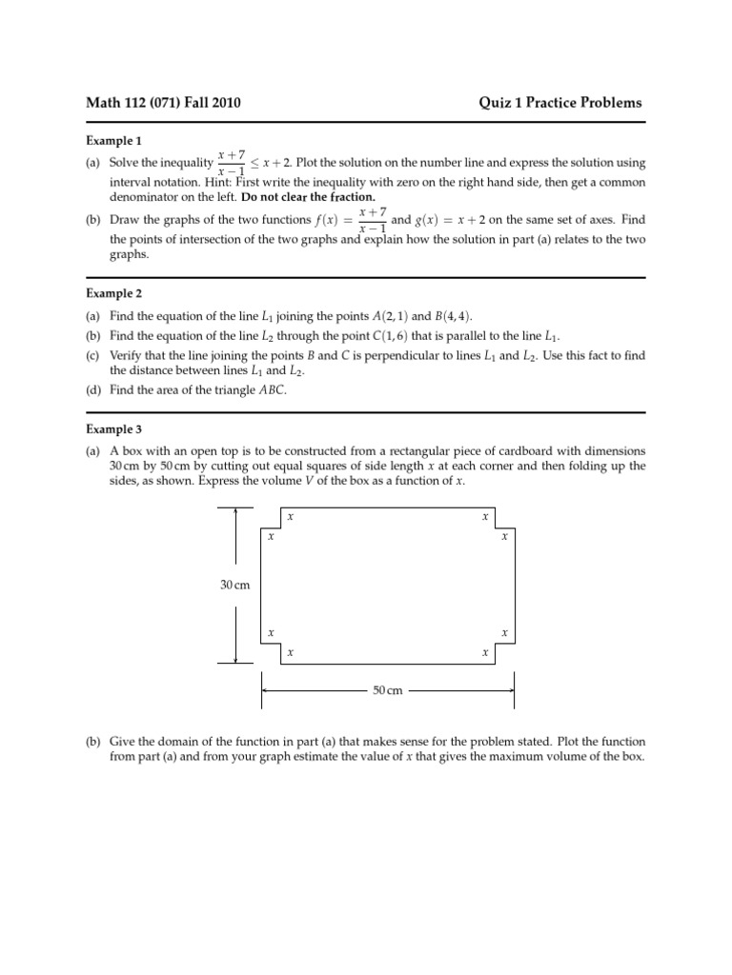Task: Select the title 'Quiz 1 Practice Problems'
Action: [559, 103]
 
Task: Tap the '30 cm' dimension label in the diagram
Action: [234, 585]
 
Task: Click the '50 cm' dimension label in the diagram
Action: [388, 689]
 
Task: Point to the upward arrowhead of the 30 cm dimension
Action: [235, 511]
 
